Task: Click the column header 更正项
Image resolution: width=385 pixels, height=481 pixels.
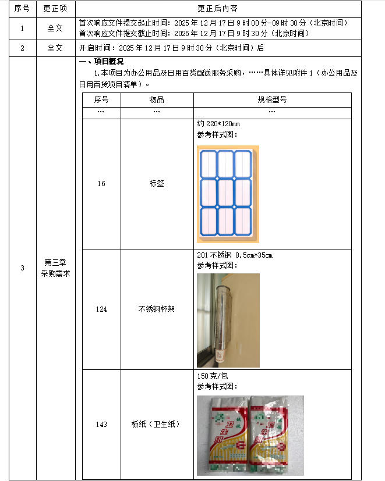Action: point(55,9)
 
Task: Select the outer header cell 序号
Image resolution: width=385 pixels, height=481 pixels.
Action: point(22,9)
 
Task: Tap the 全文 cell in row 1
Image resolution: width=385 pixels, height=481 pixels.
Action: point(55,28)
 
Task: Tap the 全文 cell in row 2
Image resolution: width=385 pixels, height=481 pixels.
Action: point(55,48)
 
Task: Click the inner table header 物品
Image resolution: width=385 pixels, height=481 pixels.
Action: point(157,99)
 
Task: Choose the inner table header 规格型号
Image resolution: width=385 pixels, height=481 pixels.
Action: point(272,99)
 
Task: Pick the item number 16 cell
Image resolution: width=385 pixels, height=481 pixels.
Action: point(101,184)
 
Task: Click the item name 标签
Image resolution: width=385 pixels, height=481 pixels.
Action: point(157,184)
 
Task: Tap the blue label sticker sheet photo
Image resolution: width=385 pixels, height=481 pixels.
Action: point(228,194)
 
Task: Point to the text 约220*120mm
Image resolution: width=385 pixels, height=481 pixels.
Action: point(218,124)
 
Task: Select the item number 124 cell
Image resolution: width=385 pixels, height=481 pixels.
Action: point(101,309)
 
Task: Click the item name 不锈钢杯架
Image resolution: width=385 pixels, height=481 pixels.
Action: point(157,309)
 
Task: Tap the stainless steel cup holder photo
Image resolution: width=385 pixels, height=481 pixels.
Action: point(228,319)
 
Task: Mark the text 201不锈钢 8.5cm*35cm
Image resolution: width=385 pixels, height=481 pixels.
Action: point(235,255)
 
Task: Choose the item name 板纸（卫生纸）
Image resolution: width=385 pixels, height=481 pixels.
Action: point(157,425)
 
